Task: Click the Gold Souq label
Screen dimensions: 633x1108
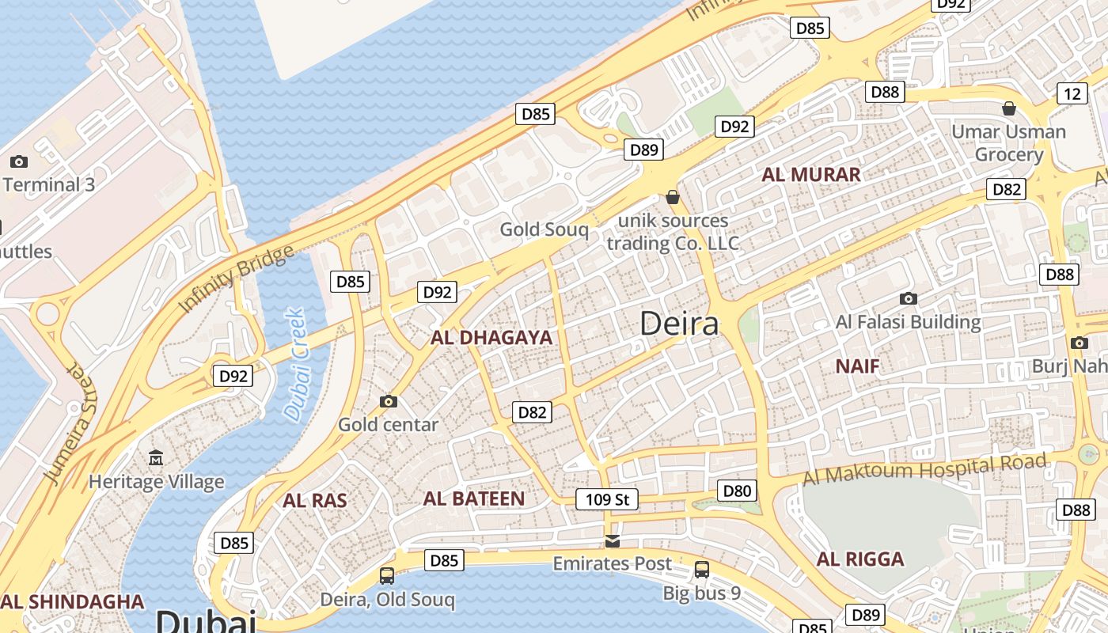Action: pyautogui.click(x=544, y=229)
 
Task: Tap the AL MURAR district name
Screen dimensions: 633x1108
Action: pyautogui.click(x=810, y=175)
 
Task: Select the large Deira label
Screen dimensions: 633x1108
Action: pyautogui.click(x=679, y=324)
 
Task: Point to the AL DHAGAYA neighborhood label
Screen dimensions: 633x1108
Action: pyautogui.click(x=491, y=338)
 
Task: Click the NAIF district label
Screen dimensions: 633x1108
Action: pyautogui.click(x=858, y=366)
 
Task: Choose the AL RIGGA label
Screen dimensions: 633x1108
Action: pyautogui.click(x=860, y=559)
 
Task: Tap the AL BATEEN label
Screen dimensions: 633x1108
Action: pyautogui.click(x=473, y=498)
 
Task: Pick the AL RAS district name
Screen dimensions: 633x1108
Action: pyautogui.click(x=315, y=501)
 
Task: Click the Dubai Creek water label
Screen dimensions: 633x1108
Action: pyautogui.click(x=294, y=364)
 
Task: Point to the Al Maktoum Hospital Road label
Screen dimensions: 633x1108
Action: pyautogui.click(x=925, y=469)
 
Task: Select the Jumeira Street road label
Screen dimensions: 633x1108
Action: pyautogui.click(x=70, y=424)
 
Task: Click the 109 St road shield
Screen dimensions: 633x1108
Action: pyautogui.click(x=606, y=499)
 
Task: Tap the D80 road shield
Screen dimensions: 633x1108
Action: pyautogui.click(x=737, y=491)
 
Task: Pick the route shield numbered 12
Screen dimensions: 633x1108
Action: pyautogui.click(x=1072, y=94)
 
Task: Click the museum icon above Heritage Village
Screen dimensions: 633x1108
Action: pyautogui.click(x=156, y=458)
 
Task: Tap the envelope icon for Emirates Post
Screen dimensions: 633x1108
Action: pyautogui.click(x=612, y=541)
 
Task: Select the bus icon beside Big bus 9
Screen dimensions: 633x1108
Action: pyautogui.click(x=702, y=569)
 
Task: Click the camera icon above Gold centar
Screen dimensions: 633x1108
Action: pyautogui.click(x=388, y=401)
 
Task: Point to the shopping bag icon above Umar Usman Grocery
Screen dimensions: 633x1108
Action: pyautogui.click(x=1008, y=108)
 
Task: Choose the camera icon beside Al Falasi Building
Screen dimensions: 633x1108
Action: pyautogui.click(x=909, y=298)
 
